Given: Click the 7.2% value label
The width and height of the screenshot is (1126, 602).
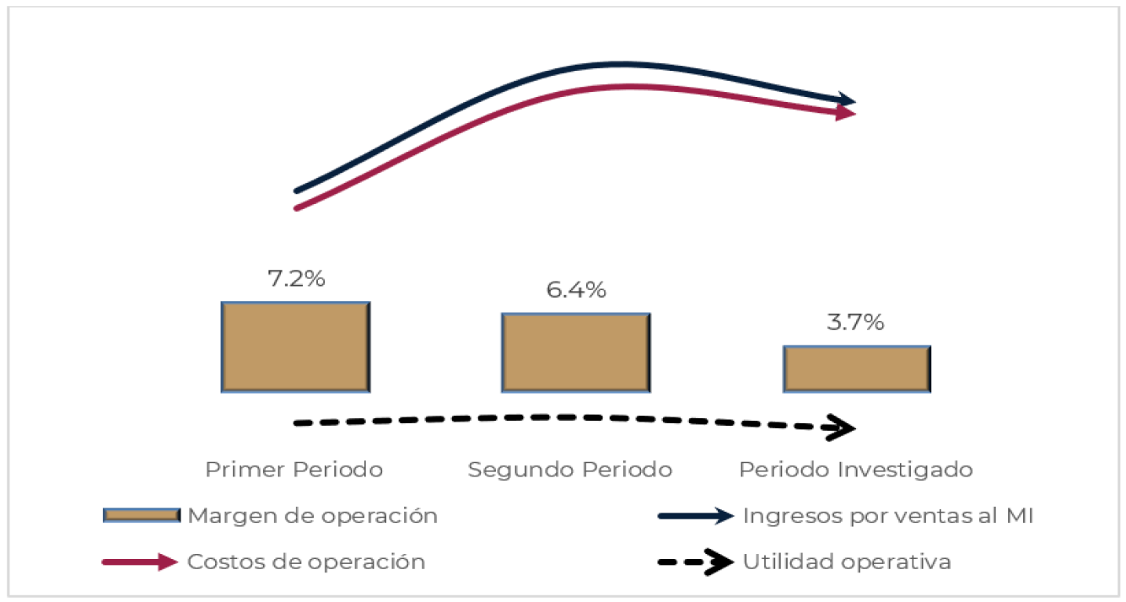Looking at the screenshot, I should pyautogui.click(x=296, y=279).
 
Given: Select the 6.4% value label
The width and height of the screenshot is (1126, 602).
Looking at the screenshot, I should pyautogui.click(x=575, y=290).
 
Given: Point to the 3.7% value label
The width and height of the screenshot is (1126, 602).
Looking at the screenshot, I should pyautogui.click(x=856, y=322).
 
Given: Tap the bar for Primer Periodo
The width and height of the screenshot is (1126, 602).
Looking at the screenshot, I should pyautogui.click(x=295, y=347).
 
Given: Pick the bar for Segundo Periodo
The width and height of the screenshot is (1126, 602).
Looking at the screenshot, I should pyautogui.click(x=575, y=352).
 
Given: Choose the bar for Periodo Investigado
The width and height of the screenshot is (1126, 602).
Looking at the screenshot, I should pyautogui.click(x=856, y=368).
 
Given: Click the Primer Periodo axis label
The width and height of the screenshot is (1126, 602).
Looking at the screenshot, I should pyautogui.click(x=294, y=470).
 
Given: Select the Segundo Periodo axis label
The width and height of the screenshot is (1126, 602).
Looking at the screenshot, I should pyautogui.click(x=570, y=470).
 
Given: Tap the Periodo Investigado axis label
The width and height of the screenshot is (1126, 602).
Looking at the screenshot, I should pyautogui.click(x=855, y=470).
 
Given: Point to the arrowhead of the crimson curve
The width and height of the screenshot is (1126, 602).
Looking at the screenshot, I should pyautogui.click(x=847, y=114).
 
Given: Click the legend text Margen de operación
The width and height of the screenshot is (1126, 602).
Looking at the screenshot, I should pyautogui.click(x=312, y=516).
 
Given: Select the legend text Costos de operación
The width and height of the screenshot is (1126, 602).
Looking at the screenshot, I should pyautogui.click(x=306, y=562).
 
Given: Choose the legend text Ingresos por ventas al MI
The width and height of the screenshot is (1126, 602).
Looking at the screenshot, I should pyautogui.click(x=888, y=516).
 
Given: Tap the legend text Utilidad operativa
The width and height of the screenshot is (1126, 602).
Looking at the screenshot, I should pyautogui.click(x=847, y=562).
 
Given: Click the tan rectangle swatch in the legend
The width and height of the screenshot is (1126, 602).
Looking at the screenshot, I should pyautogui.click(x=141, y=515).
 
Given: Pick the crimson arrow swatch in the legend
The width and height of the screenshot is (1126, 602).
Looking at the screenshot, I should pyautogui.click(x=140, y=562).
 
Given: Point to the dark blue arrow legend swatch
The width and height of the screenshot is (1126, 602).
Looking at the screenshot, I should pyautogui.click(x=696, y=516).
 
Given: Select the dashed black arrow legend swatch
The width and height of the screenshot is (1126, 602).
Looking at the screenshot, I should pyautogui.click(x=696, y=562).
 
